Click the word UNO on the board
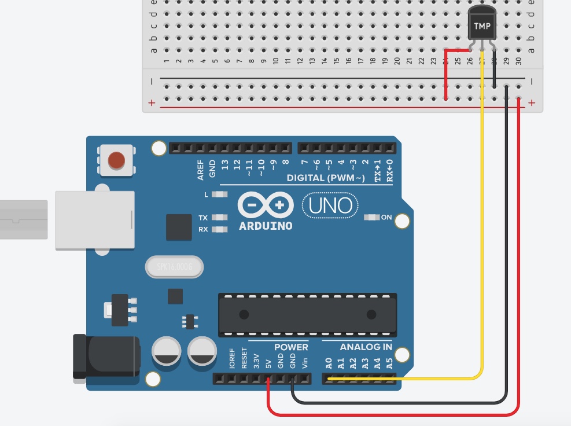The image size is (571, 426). (330, 205)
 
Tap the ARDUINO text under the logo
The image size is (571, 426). (266, 226)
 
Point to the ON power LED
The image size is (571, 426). (370, 218)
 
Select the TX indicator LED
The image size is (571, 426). (219, 218)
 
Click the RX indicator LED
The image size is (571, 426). (219, 229)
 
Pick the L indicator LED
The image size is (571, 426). (219, 194)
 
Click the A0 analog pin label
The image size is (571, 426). (329, 363)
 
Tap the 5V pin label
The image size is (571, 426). (268, 364)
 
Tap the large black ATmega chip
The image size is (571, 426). (307, 314)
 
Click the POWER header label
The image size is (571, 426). (291, 347)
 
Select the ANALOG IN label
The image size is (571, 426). (366, 347)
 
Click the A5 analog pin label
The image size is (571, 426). (389, 363)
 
